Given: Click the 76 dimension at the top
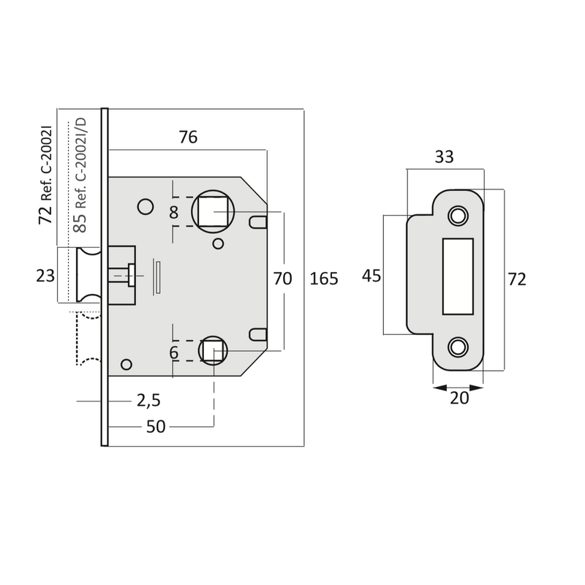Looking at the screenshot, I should coord(188,137).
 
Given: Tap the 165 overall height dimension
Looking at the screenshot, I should coord(324,279).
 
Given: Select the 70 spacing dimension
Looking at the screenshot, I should coord(282,279).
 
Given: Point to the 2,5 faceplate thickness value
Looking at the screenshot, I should coord(148,400).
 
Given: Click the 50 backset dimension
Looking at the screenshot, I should coord(156,426).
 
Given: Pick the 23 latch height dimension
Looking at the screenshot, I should coord(45,276).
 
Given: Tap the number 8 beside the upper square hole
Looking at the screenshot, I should coord(173,213).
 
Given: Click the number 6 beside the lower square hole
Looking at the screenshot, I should coord(173,352).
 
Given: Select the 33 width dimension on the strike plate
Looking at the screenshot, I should coord(444,156).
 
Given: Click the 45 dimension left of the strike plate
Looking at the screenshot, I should coord(372,275).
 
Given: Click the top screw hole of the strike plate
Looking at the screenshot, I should coord(458,214).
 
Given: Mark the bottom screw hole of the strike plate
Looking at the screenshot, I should coord(458,345).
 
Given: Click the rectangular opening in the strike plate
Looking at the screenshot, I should coord(458,276).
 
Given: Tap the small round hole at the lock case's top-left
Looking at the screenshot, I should coord(145,205).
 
